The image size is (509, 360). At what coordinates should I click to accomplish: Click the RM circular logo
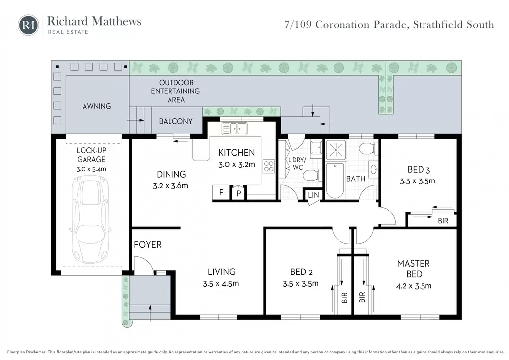28,25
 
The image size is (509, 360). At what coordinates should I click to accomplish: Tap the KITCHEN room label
236,153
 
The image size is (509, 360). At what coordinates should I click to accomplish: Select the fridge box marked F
221,192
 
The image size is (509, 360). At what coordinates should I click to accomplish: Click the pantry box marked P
239,193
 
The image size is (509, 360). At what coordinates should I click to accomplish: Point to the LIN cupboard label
313,195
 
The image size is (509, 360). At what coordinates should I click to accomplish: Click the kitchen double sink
234,129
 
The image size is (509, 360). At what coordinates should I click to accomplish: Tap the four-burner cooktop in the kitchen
269,166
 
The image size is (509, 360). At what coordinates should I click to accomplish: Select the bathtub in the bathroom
335,180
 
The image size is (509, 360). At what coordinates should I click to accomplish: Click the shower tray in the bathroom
336,150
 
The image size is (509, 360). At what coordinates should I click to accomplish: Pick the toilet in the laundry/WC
312,176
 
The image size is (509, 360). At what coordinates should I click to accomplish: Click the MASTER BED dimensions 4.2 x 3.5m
414,286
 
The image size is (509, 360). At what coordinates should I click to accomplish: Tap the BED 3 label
419,170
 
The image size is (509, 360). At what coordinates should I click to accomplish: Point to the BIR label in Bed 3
443,221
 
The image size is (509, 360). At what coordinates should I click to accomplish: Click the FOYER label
148,245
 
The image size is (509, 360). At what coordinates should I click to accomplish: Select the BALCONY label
175,121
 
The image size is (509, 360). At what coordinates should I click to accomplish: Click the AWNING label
97,106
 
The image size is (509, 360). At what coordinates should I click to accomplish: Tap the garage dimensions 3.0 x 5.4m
91,169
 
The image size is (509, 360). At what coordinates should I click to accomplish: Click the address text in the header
389,25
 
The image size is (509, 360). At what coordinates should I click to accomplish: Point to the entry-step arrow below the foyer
150,313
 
